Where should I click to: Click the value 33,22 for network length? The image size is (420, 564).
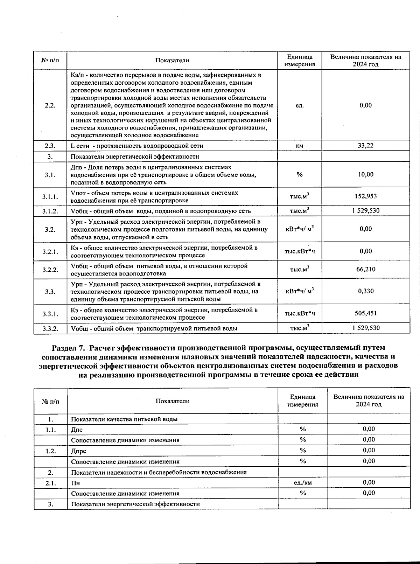coord(365,146)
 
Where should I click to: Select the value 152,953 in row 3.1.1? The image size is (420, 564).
coord(365,196)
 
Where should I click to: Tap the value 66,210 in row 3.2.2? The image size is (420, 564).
coord(365,269)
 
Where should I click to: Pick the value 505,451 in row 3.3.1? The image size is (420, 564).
coord(365,313)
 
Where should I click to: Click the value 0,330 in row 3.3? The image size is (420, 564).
coord(365,291)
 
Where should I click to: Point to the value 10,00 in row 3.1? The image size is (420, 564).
coord(365,174)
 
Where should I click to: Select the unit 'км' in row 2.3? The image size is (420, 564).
coord(300,146)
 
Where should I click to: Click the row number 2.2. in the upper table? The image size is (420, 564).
coord(50,105)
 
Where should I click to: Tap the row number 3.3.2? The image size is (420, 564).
coord(50,328)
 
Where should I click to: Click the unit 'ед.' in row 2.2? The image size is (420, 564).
coord(300,105)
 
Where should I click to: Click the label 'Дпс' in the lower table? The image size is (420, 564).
coord(77,430)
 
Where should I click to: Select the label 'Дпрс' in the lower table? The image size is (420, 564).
coord(78,451)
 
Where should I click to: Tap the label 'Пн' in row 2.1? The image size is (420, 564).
coord(75,483)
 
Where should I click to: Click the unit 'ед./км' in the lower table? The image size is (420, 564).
coord(303,482)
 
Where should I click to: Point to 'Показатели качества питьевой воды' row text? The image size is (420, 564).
coord(124,419)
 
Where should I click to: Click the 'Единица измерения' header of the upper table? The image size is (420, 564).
coord(300,61)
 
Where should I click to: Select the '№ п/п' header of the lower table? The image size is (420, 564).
coord(50,401)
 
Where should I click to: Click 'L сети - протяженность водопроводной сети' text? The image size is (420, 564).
coord(137,146)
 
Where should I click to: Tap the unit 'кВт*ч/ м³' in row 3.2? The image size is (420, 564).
coord(300,229)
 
